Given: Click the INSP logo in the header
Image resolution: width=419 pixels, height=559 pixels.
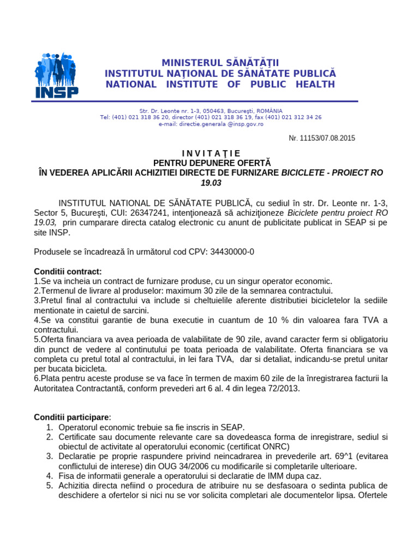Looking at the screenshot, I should [x=56, y=75].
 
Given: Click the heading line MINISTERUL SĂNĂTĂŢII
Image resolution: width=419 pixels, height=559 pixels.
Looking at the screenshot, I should [x=220, y=63].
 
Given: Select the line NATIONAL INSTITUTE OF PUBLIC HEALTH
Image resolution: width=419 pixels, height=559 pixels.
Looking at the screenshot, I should [x=220, y=84].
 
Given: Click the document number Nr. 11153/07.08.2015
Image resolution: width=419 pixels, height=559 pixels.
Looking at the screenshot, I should [x=321, y=138].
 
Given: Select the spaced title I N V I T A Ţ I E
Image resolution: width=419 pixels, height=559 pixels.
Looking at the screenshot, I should [x=211, y=153].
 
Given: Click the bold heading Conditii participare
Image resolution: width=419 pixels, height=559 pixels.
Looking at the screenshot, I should [x=72, y=418].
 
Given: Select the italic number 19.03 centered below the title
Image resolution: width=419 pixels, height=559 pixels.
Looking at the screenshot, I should [x=211, y=182].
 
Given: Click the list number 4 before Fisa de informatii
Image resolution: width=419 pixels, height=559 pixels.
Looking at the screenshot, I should [x=49, y=476].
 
